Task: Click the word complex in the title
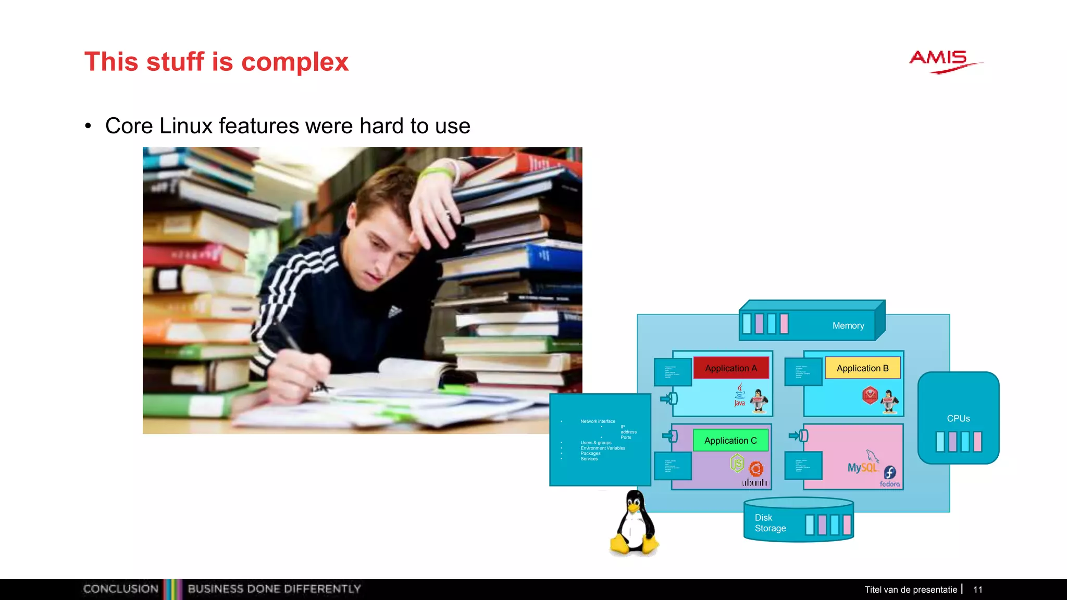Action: (x=294, y=63)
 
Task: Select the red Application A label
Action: (x=730, y=368)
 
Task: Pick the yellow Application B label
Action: (x=862, y=368)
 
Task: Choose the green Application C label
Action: (x=730, y=441)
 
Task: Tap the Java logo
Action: (x=740, y=395)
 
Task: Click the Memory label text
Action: (x=848, y=326)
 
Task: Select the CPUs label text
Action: (x=958, y=419)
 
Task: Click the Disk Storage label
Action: (x=770, y=523)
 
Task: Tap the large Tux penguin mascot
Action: (x=634, y=523)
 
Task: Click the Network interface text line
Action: (x=598, y=421)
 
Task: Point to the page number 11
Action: (x=977, y=590)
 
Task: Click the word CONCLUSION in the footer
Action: (x=121, y=589)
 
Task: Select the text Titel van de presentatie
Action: (x=911, y=590)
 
